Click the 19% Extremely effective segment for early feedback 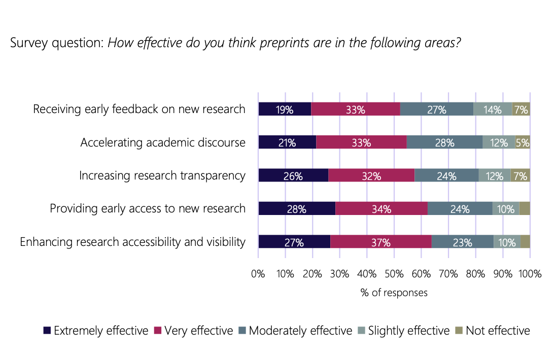point(285,109)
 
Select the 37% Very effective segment point(380,242)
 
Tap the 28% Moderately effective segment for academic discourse point(444,142)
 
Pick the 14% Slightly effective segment point(492,109)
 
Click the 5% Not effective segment point(523,142)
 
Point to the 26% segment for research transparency point(293,175)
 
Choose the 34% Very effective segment point(381,208)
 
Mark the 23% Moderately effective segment point(462,242)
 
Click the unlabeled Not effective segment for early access point(525,208)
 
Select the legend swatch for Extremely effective point(47,331)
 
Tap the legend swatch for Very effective point(157,331)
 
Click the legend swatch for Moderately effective point(242,331)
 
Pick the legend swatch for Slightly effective point(361,331)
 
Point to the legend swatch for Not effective point(459,331)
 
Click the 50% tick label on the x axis point(394,274)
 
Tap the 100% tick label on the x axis point(530,274)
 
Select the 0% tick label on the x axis point(258,274)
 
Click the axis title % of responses point(394,293)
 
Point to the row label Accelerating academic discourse point(163,142)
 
